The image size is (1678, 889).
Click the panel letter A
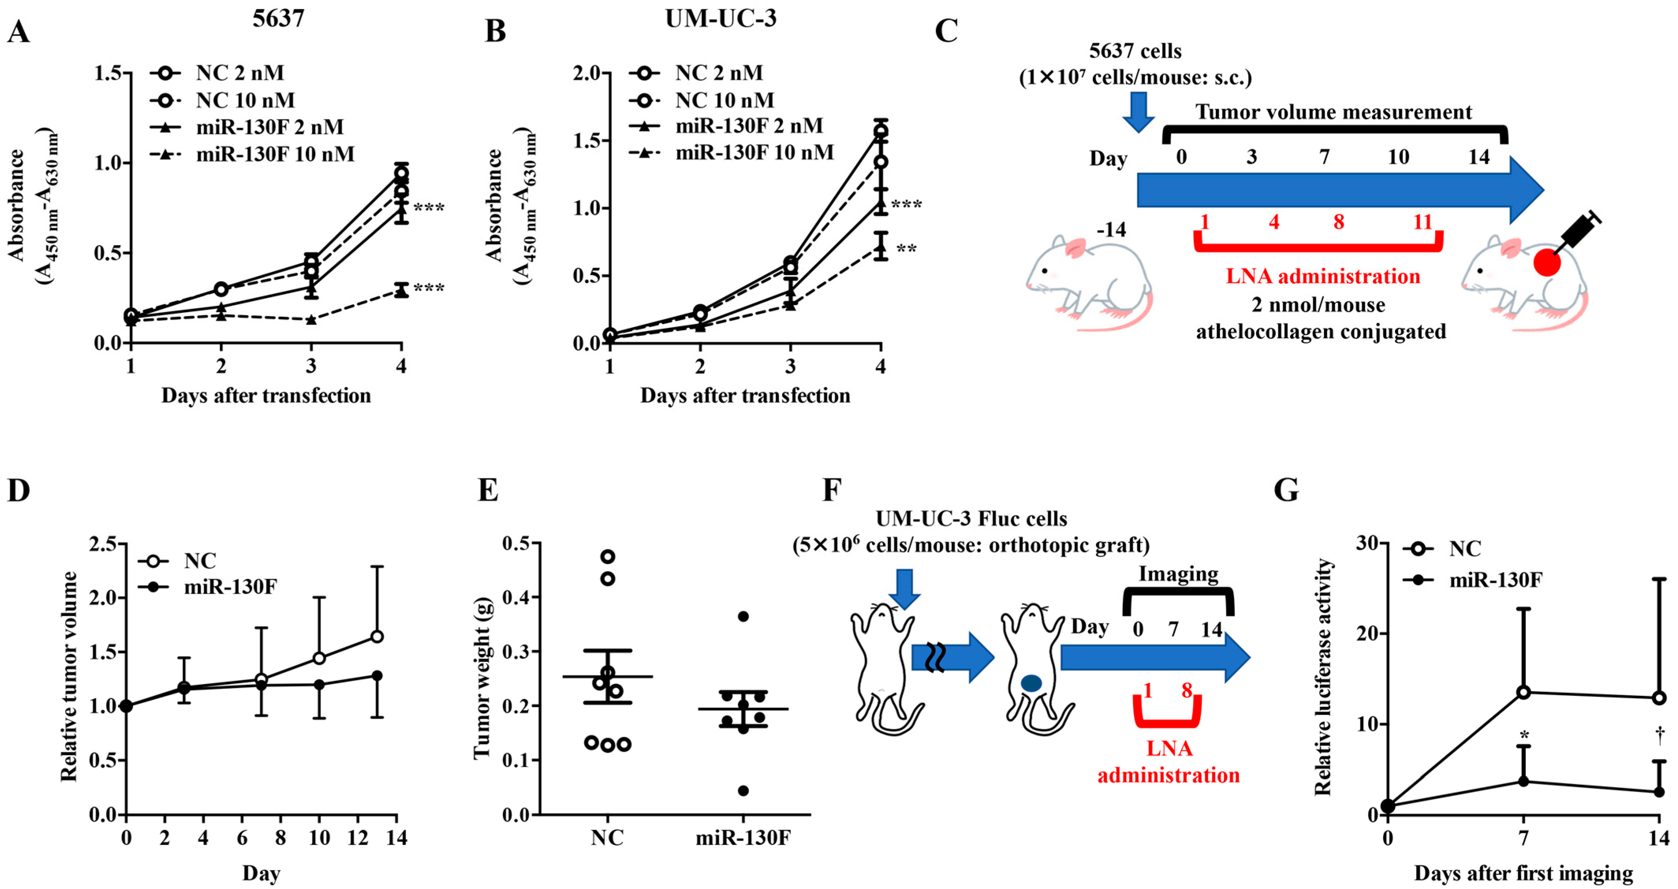click(18, 31)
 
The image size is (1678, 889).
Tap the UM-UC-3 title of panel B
click(720, 18)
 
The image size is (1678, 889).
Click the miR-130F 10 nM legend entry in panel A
click(275, 154)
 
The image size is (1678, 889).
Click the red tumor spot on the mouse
click(1546, 263)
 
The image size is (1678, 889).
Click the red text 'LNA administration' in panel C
click(1322, 276)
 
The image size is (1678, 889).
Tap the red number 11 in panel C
click(1423, 222)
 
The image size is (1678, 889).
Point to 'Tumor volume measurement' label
click(1333, 112)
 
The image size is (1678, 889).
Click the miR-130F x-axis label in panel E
click(742, 837)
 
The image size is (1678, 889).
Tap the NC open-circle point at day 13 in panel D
click(377, 636)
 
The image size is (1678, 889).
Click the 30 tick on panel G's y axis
click(1367, 543)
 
